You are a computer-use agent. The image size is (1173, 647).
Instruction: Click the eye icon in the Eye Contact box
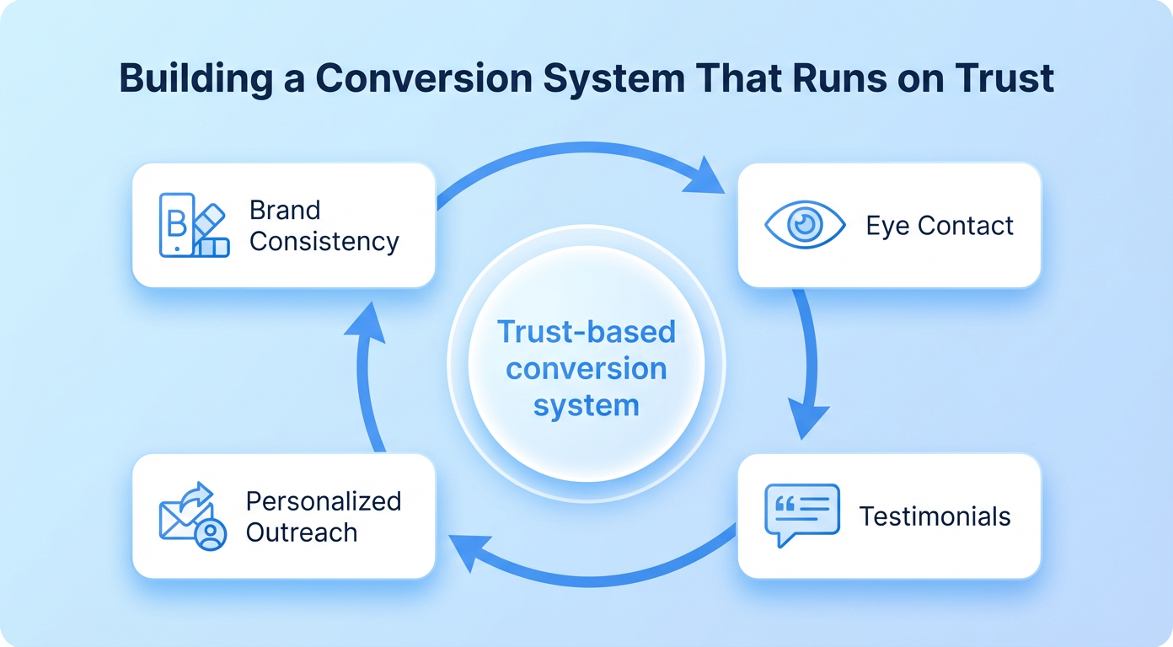pos(804,225)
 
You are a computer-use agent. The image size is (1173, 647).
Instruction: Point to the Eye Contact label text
pos(940,226)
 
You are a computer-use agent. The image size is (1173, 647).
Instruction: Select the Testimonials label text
pos(935,516)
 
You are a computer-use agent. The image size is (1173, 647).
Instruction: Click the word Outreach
pos(302,532)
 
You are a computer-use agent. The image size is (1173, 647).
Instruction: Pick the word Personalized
pos(323,501)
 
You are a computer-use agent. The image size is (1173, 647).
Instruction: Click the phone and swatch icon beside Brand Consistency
pos(193,225)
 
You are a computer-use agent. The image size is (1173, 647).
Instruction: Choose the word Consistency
pos(324,242)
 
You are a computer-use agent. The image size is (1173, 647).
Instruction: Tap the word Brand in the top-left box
pos(285,210)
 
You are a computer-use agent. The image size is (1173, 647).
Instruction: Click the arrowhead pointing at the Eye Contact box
pos(705,179)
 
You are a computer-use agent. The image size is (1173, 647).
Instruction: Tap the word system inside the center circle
pos(586,405)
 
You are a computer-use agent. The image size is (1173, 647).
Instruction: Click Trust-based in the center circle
pos(586,331)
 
